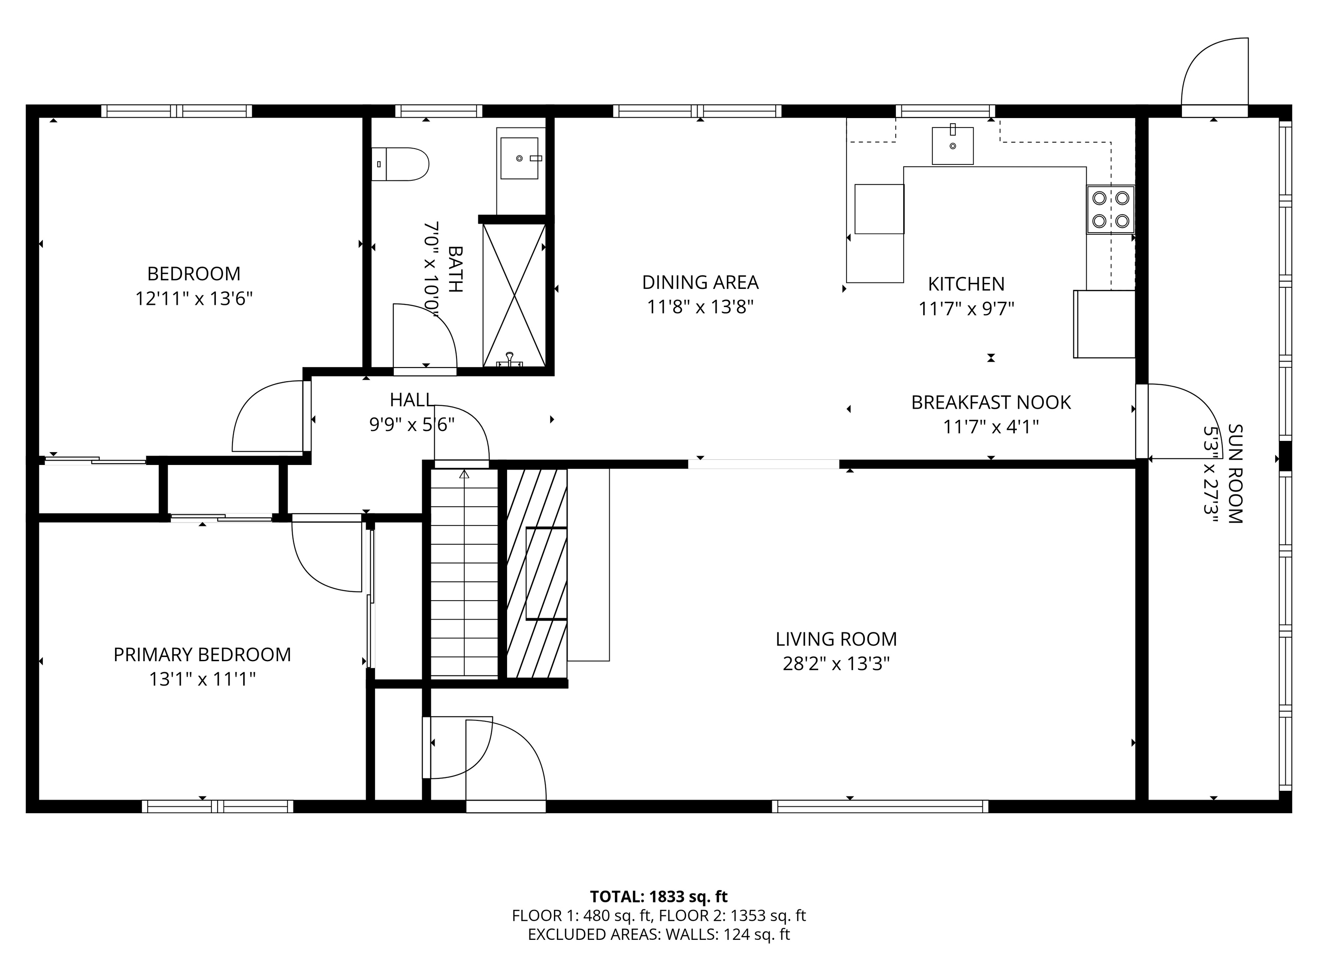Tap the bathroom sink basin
click(x=520, y=158)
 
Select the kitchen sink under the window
click(x=952, y=146)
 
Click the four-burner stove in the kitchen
click(x=1110, y=210)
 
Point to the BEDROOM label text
click(x=193, y=273)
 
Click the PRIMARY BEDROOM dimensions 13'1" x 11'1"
click(x=202, y=679)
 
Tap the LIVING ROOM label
click(x=836, y=639)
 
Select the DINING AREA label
click(x=700, y=282)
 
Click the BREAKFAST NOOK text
click(x=990, y=402)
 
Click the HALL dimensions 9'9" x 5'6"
click(x=411, y=425)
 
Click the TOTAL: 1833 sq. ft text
click(x=659, y=896)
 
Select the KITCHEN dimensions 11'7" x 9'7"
click(x=966, y=309)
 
